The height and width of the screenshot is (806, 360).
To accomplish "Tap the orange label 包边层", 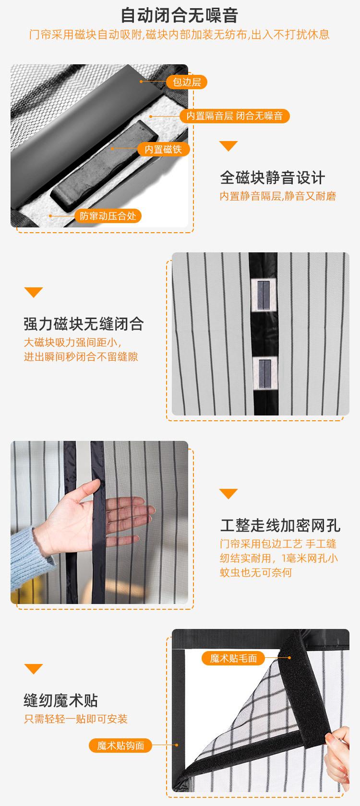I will tap(187, 82).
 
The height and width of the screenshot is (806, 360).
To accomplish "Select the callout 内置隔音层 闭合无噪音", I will tap(234, 116).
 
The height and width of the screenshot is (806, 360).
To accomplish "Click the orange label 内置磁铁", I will tap(163, 149).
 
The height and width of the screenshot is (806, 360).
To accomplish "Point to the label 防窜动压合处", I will tap(108, 216).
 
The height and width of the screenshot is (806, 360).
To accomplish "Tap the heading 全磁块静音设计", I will tap(272, 178).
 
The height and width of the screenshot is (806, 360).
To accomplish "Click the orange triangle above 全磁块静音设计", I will tap(228, 146).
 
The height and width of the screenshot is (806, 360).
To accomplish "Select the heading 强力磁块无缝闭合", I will tap(84, 324).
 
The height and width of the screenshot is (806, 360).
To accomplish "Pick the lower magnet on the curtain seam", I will tap(264, 373).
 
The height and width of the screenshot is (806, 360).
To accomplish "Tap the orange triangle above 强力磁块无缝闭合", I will tap(33, 292).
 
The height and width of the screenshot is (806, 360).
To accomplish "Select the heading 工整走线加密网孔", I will tap(280, 525).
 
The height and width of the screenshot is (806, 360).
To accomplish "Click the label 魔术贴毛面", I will tap(233, 658).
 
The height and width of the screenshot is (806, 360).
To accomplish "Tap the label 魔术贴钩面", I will tap(120, 746).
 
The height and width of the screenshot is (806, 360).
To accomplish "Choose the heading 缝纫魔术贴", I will tap(60, 700).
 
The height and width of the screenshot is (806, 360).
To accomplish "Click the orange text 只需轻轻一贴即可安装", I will tap(76, 719).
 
